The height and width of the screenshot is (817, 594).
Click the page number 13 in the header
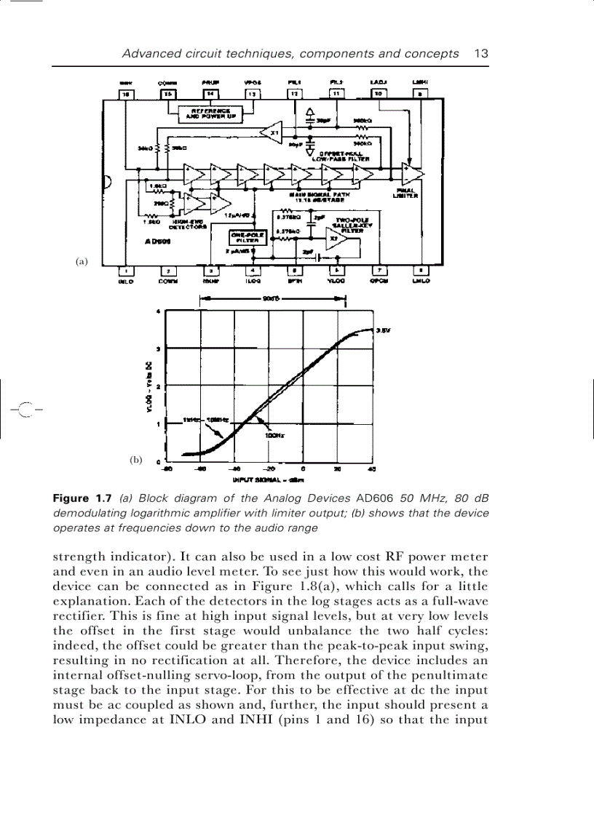(480, 53)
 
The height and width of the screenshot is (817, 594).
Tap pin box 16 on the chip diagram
(127, 94)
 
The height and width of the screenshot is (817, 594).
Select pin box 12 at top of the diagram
(295, 94)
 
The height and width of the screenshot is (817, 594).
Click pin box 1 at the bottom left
(127, 271)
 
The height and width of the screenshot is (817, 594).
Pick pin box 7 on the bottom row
(379, 271)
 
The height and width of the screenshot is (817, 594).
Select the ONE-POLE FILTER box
(247, 239)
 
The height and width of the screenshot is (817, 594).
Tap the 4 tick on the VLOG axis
(159, 312)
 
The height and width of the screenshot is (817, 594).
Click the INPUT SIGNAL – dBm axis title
(268, 480)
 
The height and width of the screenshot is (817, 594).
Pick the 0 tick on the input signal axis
(304, 470)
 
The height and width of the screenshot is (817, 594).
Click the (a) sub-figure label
(81, 261)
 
